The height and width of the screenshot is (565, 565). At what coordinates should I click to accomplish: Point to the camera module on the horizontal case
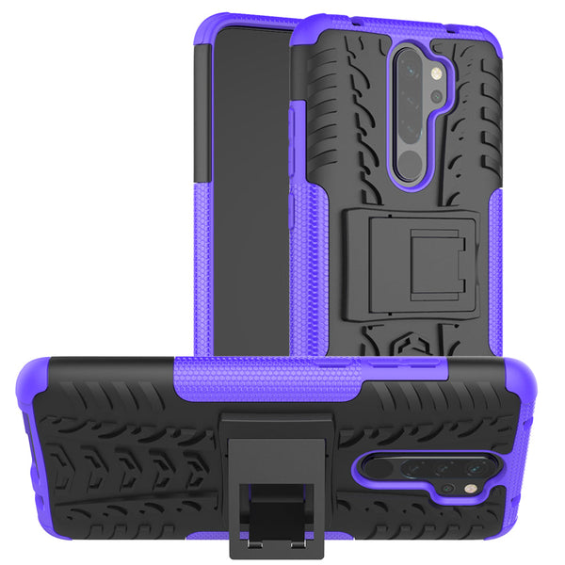[424, 470]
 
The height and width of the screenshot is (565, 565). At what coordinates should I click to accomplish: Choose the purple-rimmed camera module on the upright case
[413, 113]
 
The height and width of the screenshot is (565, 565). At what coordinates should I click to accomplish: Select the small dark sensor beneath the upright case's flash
[436, 96]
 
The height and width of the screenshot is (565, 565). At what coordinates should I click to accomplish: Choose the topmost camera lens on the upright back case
[412, 67]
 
